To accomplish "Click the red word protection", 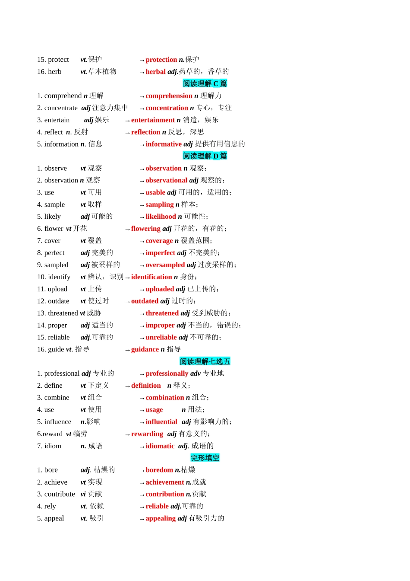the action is coord(161,60).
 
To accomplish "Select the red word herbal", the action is coord(155,72).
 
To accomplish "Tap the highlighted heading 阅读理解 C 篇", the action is coord(205,83).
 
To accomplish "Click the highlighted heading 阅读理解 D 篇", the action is coord(205,156).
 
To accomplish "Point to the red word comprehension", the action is coord(169,96).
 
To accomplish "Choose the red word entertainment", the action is coord(153,120).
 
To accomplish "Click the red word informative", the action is coord(164,144).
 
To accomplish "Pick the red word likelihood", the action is coord(161,217).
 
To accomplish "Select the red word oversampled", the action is coord(165,265).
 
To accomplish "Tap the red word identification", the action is coord(151,277).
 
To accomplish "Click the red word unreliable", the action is coord(161,338).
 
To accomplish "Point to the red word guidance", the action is coord(145,349).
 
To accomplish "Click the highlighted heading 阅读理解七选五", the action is coord(205,361).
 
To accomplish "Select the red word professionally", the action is coord(167,373).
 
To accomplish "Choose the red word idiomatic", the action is coord(160,446).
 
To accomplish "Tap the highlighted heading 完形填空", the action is coord(205,458).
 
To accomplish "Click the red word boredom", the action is coord(159,470).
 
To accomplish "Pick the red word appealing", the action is coord(161,518).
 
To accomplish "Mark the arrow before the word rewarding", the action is coord(127,434).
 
